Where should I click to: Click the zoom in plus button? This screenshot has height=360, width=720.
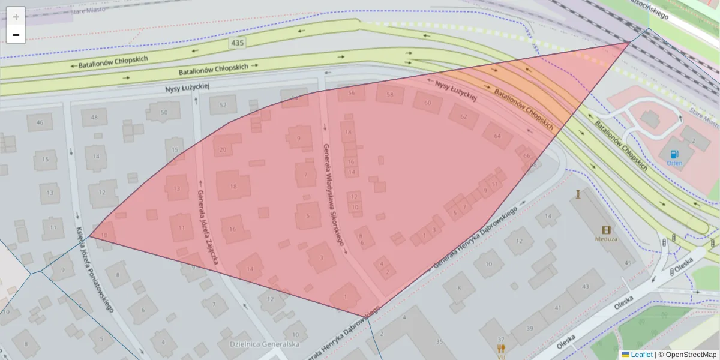point(16,16)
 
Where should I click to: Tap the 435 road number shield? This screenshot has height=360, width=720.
point(237,43)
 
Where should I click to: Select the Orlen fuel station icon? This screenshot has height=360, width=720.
point(674,154)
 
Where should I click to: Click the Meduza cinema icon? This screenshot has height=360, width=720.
point(607,230)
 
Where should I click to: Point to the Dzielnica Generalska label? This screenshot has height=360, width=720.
point(265,344)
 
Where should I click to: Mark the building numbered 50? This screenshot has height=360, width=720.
point(163,112)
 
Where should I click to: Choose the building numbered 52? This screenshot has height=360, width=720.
point(223,105)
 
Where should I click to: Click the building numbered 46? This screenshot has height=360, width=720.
point(40,122)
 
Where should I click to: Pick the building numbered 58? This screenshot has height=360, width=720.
point(390,95)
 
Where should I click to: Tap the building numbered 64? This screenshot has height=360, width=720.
point(497,136)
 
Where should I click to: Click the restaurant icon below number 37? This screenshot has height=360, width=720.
point(501,349)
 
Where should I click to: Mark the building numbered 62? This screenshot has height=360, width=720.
point(463,116)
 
